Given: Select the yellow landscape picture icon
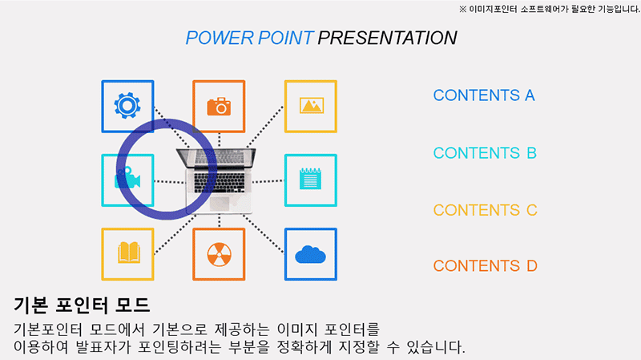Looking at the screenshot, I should tap(311, 106).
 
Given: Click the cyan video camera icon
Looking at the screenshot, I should tap(127, 180).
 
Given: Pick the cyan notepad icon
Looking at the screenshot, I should tap(311, 180).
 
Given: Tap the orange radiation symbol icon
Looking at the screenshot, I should tap(219, 254).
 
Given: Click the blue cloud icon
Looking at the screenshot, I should tap(311, 254).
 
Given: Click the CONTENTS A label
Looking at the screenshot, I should tap(483, 95).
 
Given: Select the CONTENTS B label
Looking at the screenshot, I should tap(484, 153).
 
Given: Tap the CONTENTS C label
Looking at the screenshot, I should tap(484, 211).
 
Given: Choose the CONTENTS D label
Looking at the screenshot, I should tap(484, 266).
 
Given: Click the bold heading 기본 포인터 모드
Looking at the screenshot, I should tap(82, 305).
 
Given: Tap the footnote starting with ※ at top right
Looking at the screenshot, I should tap(549, 9).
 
